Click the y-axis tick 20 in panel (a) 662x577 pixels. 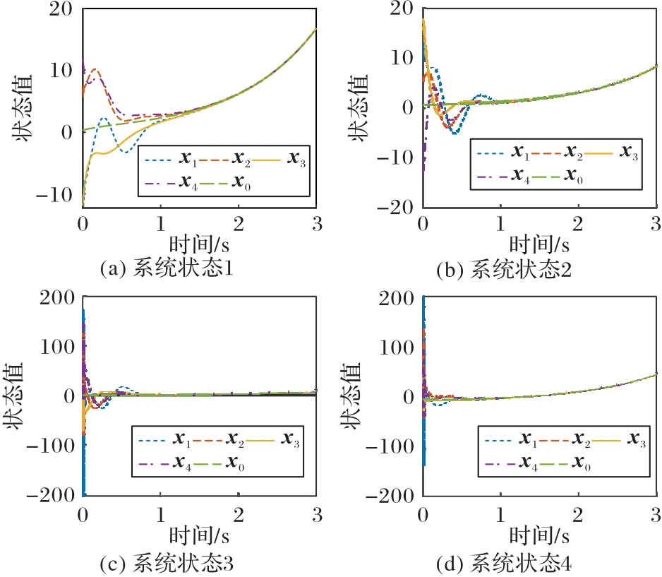coord(60,8)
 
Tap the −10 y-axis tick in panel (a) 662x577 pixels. coord(54,194)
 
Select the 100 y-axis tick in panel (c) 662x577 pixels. coord(56,347)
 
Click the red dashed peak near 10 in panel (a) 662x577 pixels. coord(95,69)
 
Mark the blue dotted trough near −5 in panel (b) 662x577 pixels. coord(455,132)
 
